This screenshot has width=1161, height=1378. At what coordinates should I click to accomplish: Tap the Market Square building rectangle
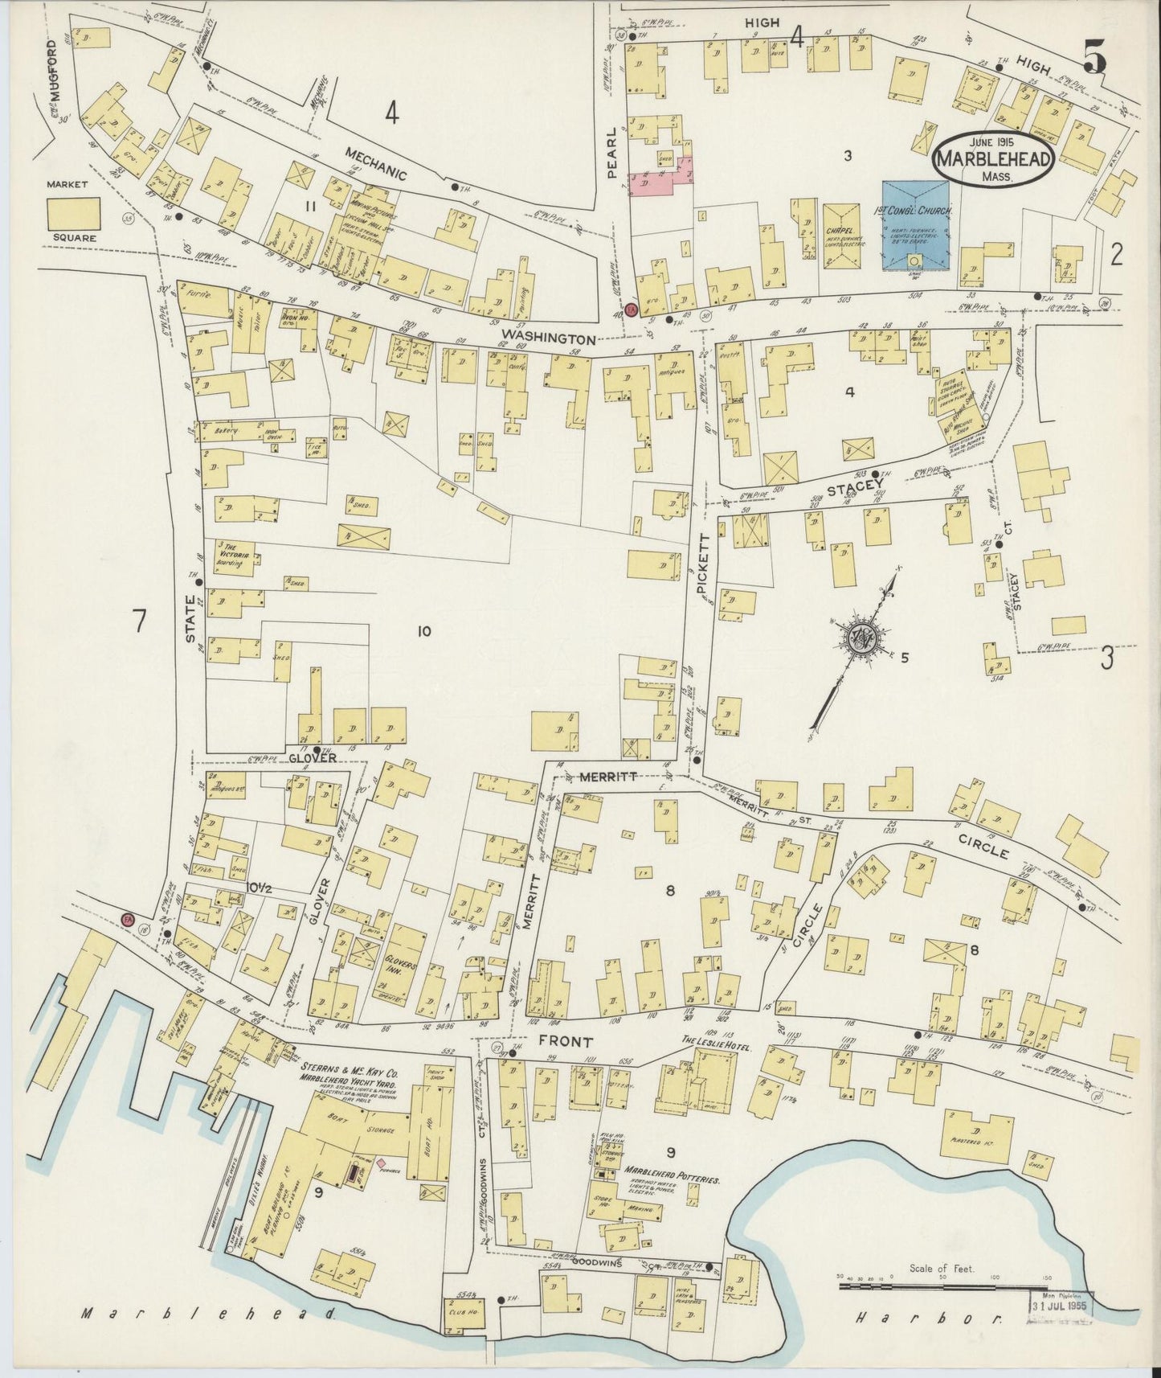73,214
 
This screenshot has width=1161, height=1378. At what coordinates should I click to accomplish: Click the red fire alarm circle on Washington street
631,310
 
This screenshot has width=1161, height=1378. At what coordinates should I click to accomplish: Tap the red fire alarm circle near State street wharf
126,919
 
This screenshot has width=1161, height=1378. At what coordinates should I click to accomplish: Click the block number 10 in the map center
423,631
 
